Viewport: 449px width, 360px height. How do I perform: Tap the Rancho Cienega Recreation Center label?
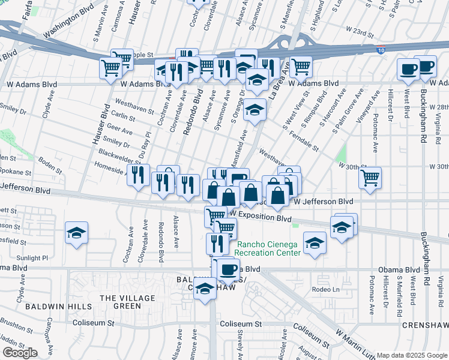[268, 248]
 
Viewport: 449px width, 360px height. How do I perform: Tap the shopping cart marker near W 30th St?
[370, 178]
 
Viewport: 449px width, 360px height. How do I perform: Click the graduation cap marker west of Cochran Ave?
[77, 233]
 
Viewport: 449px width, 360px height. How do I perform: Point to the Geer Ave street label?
[119, 130]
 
